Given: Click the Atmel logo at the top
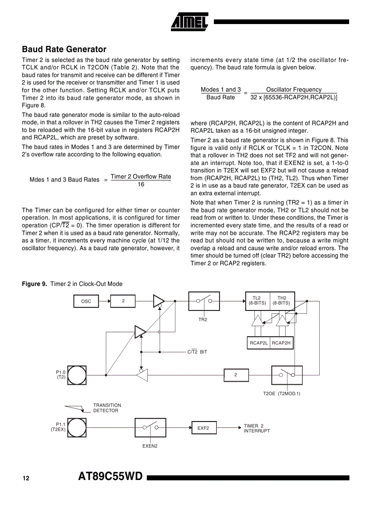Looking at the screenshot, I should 190,20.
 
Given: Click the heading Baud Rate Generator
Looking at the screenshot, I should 64,49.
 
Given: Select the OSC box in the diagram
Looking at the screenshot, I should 86,301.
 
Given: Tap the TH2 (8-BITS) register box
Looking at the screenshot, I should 282,301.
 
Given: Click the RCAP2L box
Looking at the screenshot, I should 258,343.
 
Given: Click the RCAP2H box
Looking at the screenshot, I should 282,343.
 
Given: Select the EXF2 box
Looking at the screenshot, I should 203,428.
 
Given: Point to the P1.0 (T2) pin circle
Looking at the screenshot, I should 77,375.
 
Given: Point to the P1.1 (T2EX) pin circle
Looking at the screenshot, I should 77,427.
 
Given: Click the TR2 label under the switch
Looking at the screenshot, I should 203,320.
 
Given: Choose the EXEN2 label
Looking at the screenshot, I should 150,446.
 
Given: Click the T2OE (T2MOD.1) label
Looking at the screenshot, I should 282,393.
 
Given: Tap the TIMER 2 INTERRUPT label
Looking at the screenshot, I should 257,428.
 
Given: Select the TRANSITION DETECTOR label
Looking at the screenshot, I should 107,408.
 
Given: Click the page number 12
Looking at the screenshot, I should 26,479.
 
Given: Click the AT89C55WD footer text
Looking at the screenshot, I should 110,476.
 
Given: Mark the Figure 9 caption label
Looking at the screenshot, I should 34,284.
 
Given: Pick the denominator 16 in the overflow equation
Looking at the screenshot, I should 141,184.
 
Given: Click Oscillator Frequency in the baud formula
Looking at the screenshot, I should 293,90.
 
